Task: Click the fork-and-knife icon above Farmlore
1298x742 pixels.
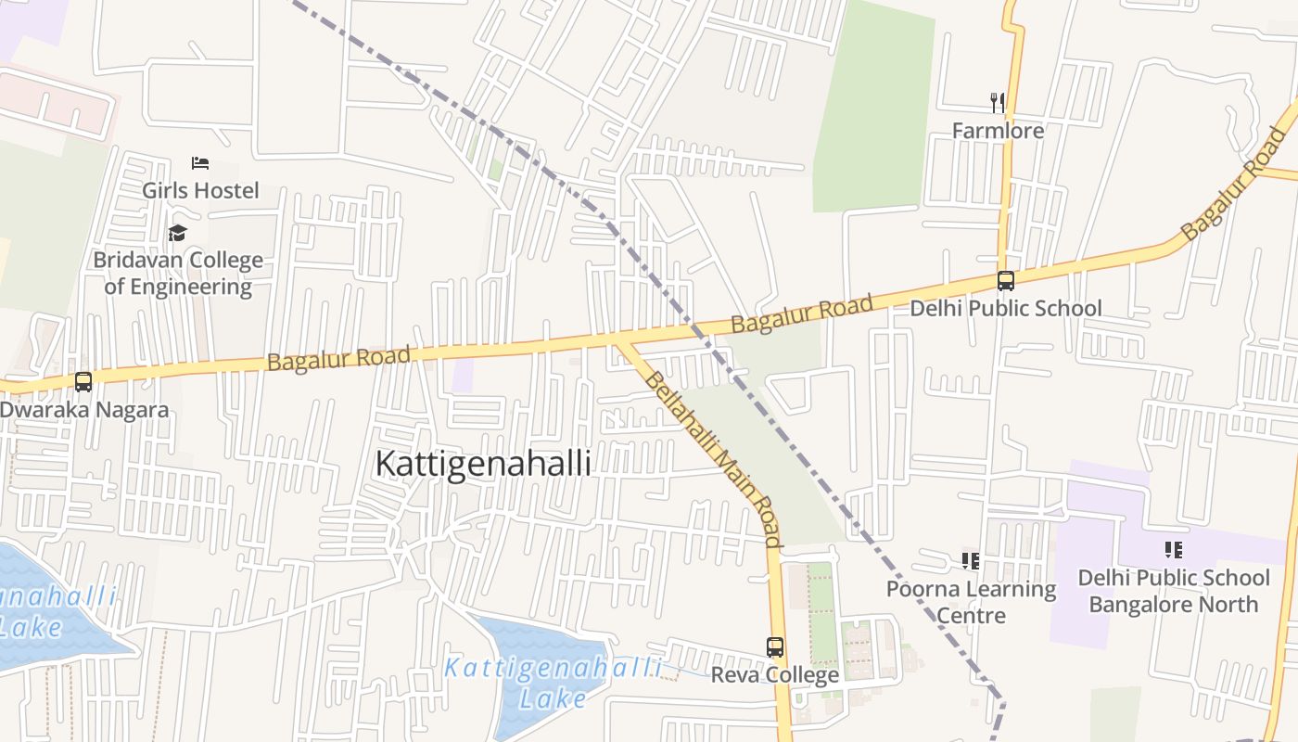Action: (x=998, y=102)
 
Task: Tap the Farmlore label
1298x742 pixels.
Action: (x=998, y=131)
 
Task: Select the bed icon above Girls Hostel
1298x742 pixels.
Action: (x=200, y=163)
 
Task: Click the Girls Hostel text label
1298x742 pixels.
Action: (x=200, y=190)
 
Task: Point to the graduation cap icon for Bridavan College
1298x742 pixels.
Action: (x=177, y=233)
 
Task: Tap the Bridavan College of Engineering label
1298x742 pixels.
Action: (x=178, y=274)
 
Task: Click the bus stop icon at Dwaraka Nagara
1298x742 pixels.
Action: (x=83, y=381)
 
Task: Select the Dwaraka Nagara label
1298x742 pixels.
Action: (x=84, y=410)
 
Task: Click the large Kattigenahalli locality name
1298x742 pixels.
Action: (x=483, y=464)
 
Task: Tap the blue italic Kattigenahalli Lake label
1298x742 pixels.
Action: (x=553, y=683)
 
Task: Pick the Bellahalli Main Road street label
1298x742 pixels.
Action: (x=713, y=458)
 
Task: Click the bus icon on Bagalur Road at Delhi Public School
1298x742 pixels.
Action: (x=1006, y=280)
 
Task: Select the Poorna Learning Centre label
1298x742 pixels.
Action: (x=971, y=602)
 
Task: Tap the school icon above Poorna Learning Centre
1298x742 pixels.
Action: (x=971, y=560)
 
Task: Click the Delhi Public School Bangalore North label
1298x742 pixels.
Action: (x=1173, y=591)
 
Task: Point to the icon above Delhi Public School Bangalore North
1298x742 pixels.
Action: (x=1173, y=550)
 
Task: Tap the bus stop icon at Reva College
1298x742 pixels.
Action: (x=775, y=647)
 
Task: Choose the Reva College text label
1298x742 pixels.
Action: (x=775, y=675)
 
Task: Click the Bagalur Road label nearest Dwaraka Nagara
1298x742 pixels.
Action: (x=338, y=358)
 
